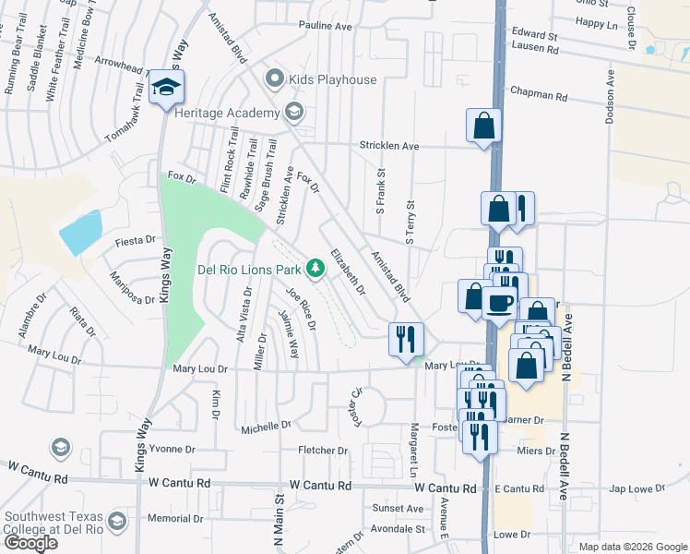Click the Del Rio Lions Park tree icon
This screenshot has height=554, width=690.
point(315,269)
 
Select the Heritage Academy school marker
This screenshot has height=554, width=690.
point(294,113)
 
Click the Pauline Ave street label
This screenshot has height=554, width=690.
point(326,27)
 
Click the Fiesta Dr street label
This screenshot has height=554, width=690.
point(135,240)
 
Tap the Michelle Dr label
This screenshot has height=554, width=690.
point(266,427)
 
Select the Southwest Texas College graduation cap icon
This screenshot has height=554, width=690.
point(117,522)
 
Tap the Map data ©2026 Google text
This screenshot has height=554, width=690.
point(633,547)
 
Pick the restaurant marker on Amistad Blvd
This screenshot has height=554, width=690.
point(406,339)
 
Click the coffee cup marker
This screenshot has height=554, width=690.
point(499,303)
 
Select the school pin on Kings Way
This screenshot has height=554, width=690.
point(167,88)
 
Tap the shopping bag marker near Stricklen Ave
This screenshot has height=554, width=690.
point(483,126)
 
